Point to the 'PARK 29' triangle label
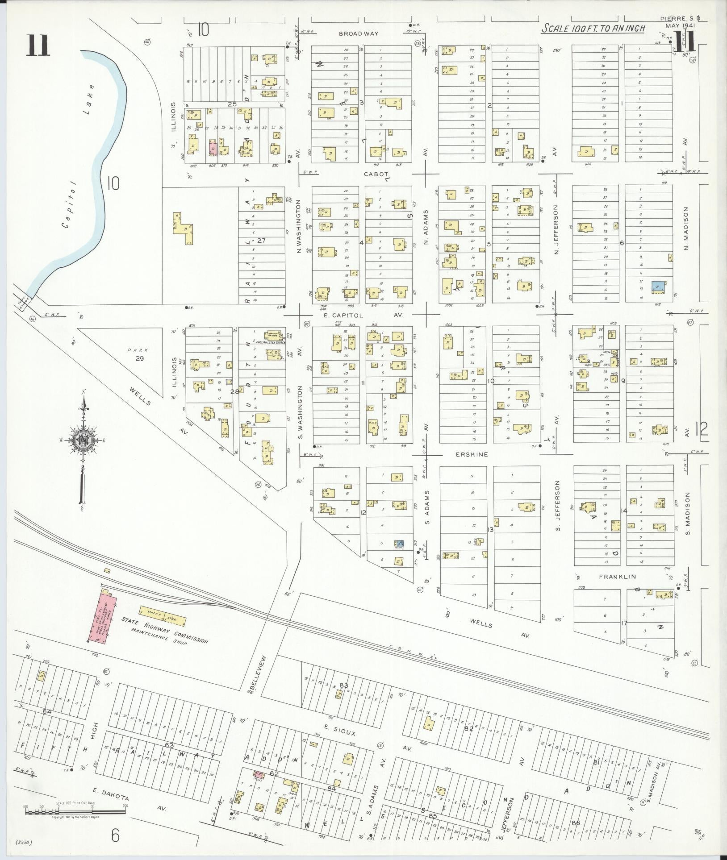click(139, 354)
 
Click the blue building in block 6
click(658, 287)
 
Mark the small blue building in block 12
click(399, 543)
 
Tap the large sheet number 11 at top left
click(38, 46)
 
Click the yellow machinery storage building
click(163, 616)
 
